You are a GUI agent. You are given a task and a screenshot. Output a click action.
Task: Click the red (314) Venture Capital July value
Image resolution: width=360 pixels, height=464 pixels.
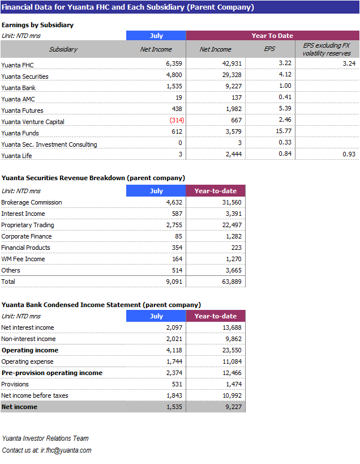[177, 120]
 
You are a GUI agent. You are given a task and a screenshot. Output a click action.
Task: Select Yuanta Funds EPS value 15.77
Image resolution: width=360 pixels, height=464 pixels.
[284, 131]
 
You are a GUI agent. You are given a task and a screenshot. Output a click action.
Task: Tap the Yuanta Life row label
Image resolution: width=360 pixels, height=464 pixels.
[16, 156]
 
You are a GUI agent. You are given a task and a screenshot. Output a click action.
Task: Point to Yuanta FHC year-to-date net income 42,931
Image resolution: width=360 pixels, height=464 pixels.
[232, 63]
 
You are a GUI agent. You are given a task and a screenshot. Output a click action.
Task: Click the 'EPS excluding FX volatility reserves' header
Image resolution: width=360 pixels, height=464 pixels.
[327, 49]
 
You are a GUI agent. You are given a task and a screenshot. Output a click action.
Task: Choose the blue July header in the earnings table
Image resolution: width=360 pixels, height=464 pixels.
[156, 36]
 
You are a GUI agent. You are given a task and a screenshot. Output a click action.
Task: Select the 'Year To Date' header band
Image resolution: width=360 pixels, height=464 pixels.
[272, 36]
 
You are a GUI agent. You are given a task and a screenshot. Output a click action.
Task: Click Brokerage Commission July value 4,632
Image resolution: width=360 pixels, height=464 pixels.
[174, 202]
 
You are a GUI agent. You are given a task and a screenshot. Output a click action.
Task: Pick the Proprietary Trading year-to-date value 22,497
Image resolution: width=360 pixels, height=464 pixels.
[232, 225]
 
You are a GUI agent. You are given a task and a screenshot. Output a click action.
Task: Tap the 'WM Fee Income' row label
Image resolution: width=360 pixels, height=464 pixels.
[23, 259]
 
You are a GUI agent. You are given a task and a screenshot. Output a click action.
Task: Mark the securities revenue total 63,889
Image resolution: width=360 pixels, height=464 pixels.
[232, 282]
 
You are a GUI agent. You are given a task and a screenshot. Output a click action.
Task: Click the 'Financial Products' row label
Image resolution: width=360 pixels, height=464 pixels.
[25, 248]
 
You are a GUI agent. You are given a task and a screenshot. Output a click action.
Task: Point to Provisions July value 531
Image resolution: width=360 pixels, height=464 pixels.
[177, 384]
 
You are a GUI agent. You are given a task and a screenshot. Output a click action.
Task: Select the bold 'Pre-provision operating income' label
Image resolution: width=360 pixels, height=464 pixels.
[52, 373]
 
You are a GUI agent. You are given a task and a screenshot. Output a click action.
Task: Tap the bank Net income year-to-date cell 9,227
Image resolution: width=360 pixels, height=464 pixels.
[234, 407]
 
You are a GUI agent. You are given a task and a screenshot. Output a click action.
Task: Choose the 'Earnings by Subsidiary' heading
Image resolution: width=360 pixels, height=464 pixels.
[37, 25]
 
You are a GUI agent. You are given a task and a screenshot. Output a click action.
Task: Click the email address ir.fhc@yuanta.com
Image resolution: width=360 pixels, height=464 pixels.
[66, 450]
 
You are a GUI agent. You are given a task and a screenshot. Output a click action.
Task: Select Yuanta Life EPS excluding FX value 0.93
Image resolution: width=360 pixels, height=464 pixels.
[349, 154]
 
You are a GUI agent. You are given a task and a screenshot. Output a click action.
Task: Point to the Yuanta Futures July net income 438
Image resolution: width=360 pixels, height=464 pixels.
[177, 109]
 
